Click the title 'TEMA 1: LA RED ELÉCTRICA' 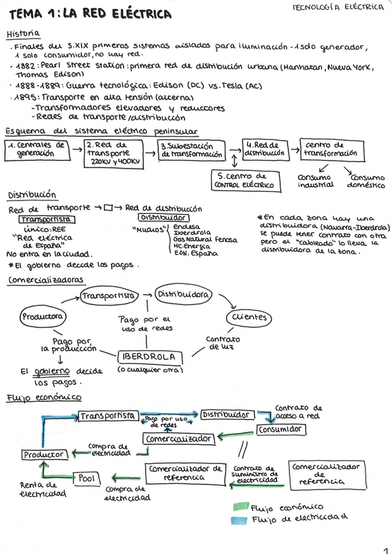[x=90, y=14]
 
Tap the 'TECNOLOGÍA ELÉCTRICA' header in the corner [x=338, y=7]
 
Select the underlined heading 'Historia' [x=23, y=33]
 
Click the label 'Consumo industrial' [x=315, y=181]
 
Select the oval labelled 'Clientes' [x=248, y=317]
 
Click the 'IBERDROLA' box [x=148, y=357]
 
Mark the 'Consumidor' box [x=280, y=430]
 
